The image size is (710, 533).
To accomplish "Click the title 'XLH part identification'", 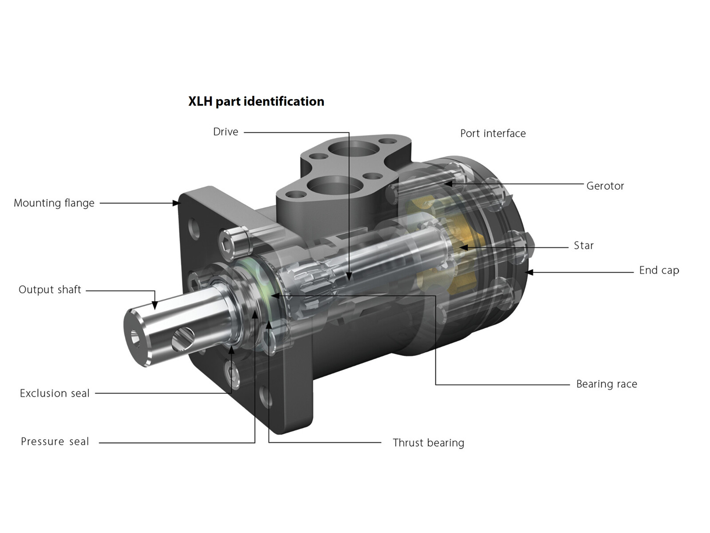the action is tap(256, 102).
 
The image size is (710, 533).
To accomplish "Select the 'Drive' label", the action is tap(225, 132).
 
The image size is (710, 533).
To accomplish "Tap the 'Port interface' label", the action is tap(493, 133).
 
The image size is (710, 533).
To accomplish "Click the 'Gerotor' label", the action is tap(605, 186).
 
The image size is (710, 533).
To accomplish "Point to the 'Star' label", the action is tap(584, 245).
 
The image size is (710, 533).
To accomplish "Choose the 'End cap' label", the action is tap(659, 270).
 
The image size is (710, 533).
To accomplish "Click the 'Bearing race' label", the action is tap(607, 384).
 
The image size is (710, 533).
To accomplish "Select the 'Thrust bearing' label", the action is tap(428, 442).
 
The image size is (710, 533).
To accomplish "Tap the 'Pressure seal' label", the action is tap(55, 442).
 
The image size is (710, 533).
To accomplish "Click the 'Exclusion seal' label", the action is tap(54, 393).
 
